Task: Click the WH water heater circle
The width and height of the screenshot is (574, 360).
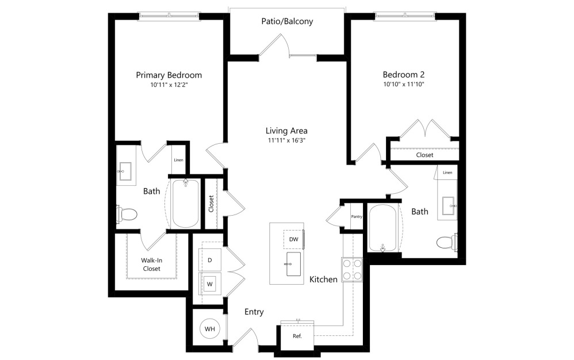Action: pos(210,329)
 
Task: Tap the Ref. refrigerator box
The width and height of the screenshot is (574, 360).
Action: pos(297,336)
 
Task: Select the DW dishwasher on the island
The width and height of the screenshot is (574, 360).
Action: pos(293,239)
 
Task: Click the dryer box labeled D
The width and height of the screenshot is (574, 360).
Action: pos(210,260)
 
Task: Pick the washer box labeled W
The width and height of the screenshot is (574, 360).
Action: pos(210,283)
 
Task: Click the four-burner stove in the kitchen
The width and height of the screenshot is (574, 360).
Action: pos(351,269)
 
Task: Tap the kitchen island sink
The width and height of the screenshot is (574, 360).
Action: pos(293,263)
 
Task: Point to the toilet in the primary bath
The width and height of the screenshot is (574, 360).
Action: pos(127,215)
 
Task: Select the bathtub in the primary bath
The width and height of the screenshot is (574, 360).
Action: pos(185,204)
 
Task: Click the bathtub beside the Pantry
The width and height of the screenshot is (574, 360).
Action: pos(382,228)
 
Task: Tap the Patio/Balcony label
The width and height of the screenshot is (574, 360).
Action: pos(286,22)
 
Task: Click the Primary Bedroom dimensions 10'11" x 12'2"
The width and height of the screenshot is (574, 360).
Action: pos(169,85)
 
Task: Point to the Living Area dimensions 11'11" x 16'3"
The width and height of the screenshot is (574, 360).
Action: pos(286,140)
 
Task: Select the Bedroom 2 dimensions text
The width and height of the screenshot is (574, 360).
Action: pos(404,85)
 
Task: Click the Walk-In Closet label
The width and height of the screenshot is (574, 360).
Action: pos(151,264)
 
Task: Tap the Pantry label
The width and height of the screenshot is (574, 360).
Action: pos(355,216)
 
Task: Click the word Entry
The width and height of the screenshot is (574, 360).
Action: pos(254,312)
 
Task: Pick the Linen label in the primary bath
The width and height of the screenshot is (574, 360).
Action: pos(179,159)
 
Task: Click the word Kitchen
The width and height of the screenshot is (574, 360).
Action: pos(323,279)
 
